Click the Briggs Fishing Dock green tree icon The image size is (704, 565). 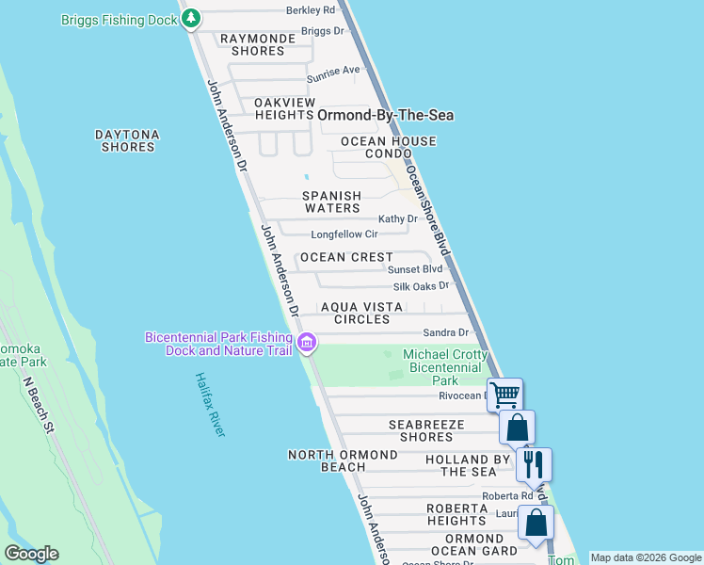click(x=191, y=18)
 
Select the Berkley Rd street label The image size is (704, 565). click(x=311, y=10)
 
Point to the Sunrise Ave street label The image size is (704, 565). click(x=340, y=71)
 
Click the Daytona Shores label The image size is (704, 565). click(x=127, y=141)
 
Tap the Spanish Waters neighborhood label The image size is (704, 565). click(x=331, y=202)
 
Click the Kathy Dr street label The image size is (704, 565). click(x=397, y=218)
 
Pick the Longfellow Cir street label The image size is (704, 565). click(x=344, y=234)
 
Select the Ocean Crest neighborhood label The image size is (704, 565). click(x=345, y=257)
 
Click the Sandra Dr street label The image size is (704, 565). click(x=445, y=332)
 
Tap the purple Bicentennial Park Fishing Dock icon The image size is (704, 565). click(x=307, y=344)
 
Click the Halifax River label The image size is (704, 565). click(x=211, y=404)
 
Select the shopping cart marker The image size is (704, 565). click(x=504, y=395)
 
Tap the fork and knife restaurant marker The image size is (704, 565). click(x=534, y=463)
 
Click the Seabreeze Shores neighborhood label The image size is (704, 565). click(x=426, y=431)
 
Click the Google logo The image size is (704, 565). click(x=31, y=554)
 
